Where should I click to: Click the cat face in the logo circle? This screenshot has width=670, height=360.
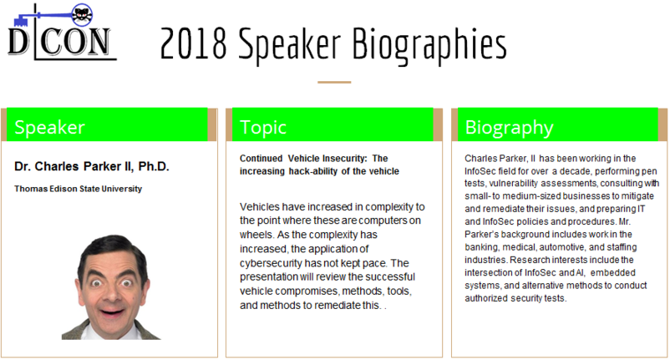click(81, 15)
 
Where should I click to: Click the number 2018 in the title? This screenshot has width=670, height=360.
click(193, 43)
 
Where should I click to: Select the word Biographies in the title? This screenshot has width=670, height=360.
click(429, 45)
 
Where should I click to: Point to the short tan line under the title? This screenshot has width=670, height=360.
click(334, 82)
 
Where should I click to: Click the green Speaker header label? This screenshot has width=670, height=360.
click(49, 127)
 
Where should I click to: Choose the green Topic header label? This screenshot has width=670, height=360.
click(263, 128)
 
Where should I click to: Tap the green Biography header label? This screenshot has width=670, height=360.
click(509, 128)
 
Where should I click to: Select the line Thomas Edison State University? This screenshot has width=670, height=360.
click(79, 189)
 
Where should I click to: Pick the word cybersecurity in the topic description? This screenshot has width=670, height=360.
click(270, 263)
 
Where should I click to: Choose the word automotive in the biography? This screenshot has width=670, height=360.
click(562, 247)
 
